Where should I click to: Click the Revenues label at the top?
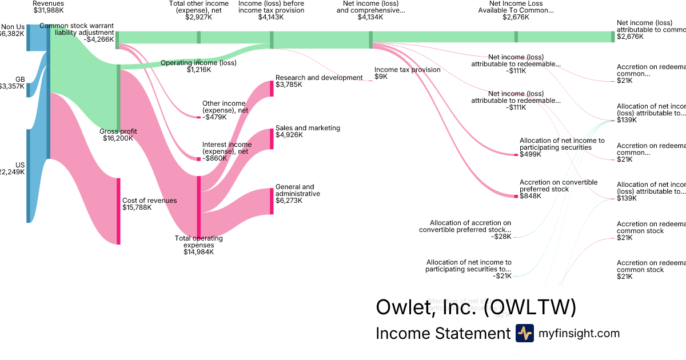pyautogui.click(x=48, y=4)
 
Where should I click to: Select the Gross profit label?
pyautogui.click(x=118, y=131)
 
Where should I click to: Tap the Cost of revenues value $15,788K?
pyautogui.click(x=138, y=207)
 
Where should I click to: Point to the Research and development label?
pyautogui.click(x=318, y=78)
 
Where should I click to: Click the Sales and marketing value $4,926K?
pyautogui.click(x=289, y=135)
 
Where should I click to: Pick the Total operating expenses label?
pyautogui.click(x=198, y=242)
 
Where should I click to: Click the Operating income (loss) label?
pyautogui.click(x=198, y=63)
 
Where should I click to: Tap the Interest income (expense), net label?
pyautogui.click(x=226, y=148)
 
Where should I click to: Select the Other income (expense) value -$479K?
pyautogui.click(x=214, y=117)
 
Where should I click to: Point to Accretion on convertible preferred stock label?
pyautogui.click(x=558, y=186)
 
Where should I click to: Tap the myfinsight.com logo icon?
pyautogui.click(x=524, y=333)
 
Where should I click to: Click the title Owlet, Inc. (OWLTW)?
pyautogui.click(x=476, y=307)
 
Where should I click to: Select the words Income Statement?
pyautogui.click(x=442, y=334)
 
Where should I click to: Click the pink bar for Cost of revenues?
pyautogui.click(x=118, y=211)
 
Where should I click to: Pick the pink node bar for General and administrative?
pyautogui.click(x=272, y=201)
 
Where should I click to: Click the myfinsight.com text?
pyautogui.click(x=579, y=334)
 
